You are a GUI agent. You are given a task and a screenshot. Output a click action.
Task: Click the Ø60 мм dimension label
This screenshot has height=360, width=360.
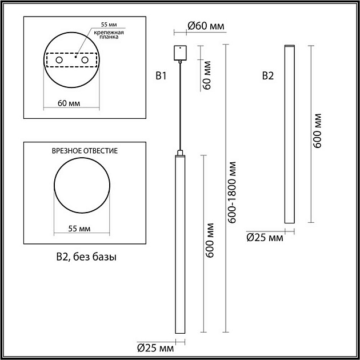pyautogui.click(x=206, y=26)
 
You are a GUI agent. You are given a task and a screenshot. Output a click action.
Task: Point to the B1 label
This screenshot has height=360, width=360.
pyautogui.click(x=161, y=75)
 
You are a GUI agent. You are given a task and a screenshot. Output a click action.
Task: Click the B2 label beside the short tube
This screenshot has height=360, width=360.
pyautogui.click(x=267, y=75)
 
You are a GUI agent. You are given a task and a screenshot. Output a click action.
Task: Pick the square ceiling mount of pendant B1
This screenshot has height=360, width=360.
pyautogui.click(x=180, y=53)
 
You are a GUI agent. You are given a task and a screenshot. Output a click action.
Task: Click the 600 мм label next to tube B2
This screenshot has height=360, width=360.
pyautogui.click(x=318, y=131)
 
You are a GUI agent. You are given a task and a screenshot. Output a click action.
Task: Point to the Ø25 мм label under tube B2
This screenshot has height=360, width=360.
pyautogui.click(x=264, y=237)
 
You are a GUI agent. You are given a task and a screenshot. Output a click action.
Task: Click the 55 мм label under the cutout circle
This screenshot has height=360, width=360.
pyautogui.click(x=79, y=229)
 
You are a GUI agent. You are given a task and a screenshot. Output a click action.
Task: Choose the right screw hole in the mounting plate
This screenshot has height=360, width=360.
pyautogui.click(x=85, y=60)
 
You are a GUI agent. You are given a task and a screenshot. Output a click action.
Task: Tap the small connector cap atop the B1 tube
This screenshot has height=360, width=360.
pyautogui.click(x=180, y=153)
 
